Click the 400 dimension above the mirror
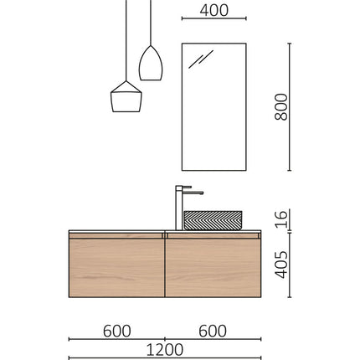[214, 11]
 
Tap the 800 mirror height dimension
[281, 106]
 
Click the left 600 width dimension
[116, 331]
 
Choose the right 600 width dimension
[213, 331]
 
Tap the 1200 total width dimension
[165, 348]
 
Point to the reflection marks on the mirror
[201, 59]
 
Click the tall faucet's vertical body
[178, 209]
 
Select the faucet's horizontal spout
[192, 192]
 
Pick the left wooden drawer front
[116, 268]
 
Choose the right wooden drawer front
[213, 268]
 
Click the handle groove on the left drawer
[116, 238]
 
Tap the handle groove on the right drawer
[213, 238]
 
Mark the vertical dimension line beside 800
[291, 106]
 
